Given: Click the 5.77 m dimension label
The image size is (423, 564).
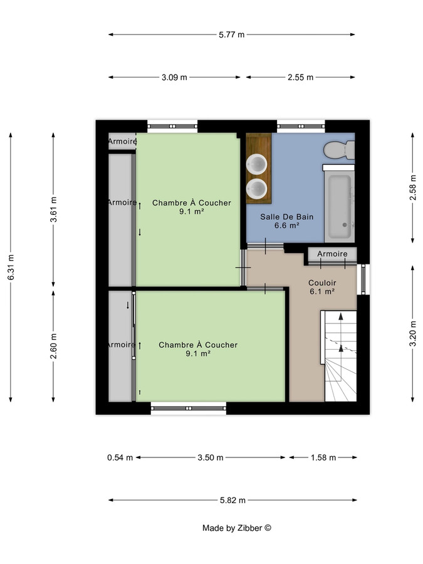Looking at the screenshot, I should point(231,34).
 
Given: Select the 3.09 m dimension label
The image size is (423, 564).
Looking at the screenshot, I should point(174,78).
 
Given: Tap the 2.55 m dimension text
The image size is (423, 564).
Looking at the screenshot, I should point(300,78).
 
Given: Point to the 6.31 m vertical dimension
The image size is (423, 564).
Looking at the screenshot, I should point(11,266).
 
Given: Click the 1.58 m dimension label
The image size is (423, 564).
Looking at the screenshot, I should point(323,457).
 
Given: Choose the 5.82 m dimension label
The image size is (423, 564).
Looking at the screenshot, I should point(232,500).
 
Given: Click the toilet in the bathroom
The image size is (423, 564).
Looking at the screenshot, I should point(339,150).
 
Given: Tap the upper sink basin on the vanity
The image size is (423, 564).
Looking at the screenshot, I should point(257,165).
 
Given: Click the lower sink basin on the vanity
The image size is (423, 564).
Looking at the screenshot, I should point(257,187).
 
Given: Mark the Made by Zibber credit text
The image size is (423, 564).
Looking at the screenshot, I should point(236,528).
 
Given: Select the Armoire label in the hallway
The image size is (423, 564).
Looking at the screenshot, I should point(332,254).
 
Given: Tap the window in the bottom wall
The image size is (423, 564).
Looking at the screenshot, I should point(189,408).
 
